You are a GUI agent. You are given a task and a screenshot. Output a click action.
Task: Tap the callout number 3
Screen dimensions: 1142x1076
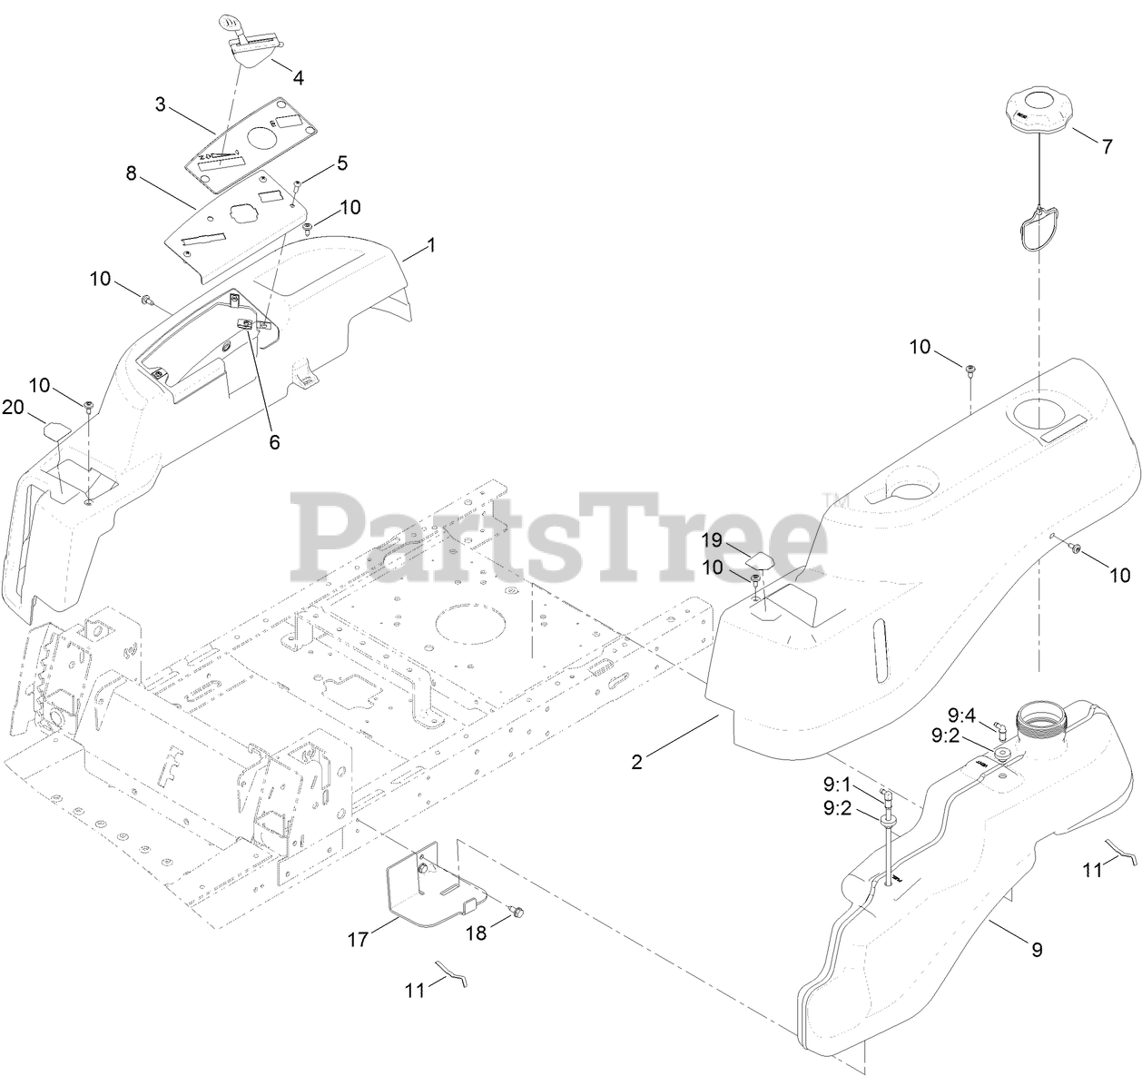(x=162, y=104)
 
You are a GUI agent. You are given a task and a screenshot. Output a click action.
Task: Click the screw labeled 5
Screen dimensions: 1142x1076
(x=298, y=186)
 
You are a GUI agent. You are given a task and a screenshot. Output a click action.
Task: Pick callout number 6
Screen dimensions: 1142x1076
(x=274, y=442)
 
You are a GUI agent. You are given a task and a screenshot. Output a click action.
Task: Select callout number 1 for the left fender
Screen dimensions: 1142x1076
(x=431, y=245)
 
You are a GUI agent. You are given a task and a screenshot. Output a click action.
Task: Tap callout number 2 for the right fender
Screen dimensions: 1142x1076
(x=637, y=763)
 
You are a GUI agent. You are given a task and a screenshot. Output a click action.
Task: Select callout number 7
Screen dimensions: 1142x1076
(x=1107, y=146)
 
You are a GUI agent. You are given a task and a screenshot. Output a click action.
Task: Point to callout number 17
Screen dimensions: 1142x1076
(x=359, y=940)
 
